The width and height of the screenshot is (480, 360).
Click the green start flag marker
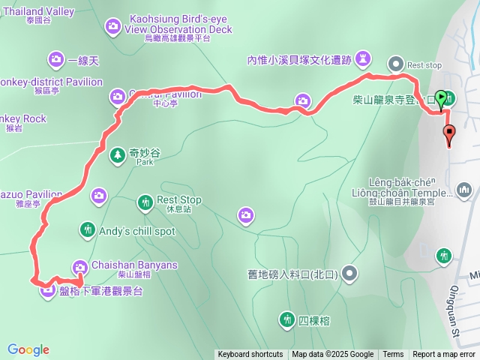pos(441,98)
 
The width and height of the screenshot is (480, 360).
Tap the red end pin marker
pos(450,136)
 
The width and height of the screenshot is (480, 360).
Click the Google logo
pos(28,349)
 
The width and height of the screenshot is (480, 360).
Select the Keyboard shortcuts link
pos(250,355)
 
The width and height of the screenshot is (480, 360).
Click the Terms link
pos(393,355)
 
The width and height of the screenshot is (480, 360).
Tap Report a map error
pos(445,355)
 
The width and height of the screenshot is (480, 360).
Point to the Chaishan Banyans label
pos(134,265)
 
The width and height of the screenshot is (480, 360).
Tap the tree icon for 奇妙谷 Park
pos(117,155)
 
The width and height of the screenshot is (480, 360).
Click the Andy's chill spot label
pos(137,231)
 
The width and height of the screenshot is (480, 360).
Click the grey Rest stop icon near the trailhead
pos(395,64)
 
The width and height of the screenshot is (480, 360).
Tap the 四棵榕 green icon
pos(286,320)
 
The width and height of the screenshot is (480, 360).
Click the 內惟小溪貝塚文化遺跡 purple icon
pos(364,58)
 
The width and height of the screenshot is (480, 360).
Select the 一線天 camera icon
pos(55,59)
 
